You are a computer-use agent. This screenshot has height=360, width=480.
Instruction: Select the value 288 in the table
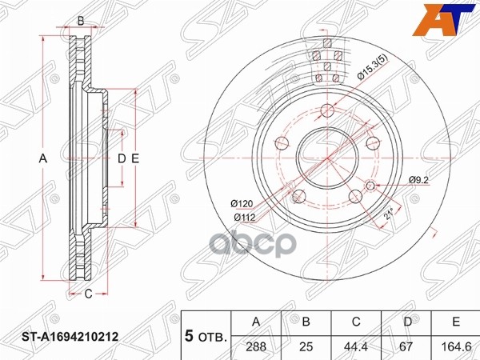pos(257,346)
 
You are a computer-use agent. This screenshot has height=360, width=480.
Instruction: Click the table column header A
pos(257,322)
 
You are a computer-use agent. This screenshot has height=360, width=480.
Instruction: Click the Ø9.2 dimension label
pos(420,178)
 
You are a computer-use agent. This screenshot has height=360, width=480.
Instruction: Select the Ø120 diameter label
pos(244,204)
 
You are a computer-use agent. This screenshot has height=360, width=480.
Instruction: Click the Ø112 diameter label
pos(244,216)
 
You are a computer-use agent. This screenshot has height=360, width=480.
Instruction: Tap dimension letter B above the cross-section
pos(80,21)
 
